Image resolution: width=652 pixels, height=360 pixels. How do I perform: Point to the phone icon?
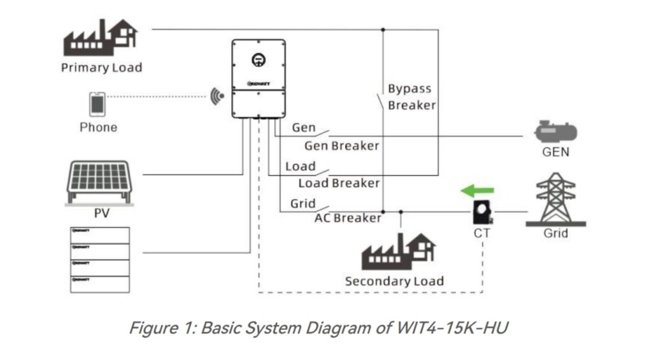click(x=97, y=104)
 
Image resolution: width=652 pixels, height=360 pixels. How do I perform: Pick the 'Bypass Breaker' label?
click(x=411, y=97)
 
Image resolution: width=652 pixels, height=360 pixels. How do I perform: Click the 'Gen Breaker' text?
click(x=341, y=146)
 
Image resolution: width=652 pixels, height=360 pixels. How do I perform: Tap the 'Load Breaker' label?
click(x=339, y=184)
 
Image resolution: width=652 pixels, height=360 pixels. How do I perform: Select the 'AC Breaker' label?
click(x=348, y=218)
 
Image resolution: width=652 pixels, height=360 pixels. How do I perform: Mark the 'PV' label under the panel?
click(x=101, y=213)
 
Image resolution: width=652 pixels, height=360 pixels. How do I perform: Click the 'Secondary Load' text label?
click(x=394, y=281)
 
